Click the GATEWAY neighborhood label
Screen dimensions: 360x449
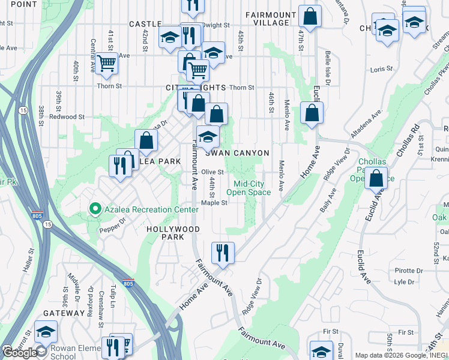coord(64,313)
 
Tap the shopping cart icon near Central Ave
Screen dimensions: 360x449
coord(106,62)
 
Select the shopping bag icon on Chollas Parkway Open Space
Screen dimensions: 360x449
coord(376,178)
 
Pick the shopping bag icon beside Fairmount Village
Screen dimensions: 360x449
coord(310,17)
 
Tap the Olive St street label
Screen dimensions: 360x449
coord(212,172)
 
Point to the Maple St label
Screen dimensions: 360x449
coord(214,203)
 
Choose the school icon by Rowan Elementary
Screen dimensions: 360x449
coord(46,331)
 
